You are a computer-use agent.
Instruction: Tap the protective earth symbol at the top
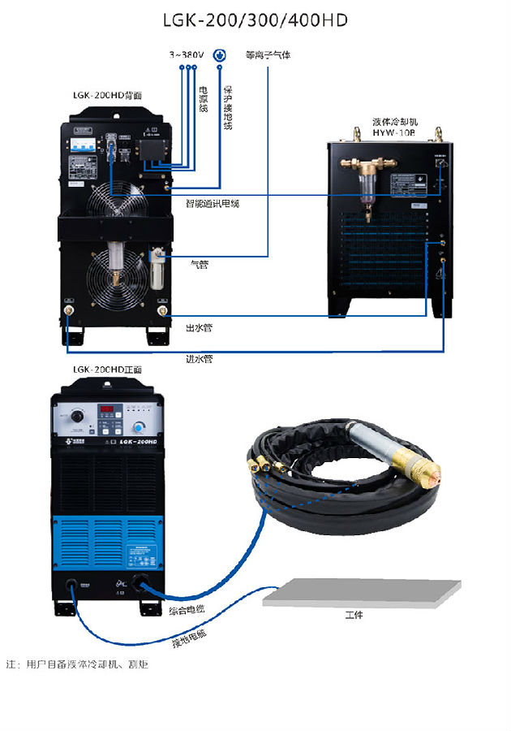(x=218, y=55)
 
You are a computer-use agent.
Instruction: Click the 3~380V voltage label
(x=185, y=55)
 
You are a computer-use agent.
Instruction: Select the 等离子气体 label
(x=268, y=55)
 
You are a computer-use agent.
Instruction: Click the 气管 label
(x=199, y=263)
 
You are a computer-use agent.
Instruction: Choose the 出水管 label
(x=199, y=327)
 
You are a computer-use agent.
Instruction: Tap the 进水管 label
(x=199, y=358)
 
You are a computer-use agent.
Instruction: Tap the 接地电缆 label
(x=188, y=639)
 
